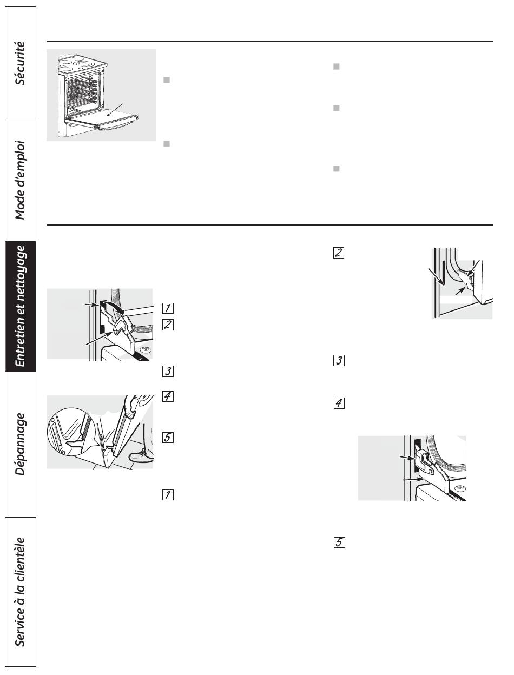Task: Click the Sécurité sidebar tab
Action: point(21,63)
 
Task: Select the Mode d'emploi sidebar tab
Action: point(21,180)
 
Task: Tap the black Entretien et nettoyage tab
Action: point(21,306)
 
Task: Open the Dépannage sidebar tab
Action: point(21,444)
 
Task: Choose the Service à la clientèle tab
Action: point(21,592)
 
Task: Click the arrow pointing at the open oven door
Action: point(115,110)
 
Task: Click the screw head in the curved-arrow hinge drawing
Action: point(145,350)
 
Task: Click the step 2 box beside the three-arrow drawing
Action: point(338,253)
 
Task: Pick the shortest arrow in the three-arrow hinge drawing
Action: point(460,291)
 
